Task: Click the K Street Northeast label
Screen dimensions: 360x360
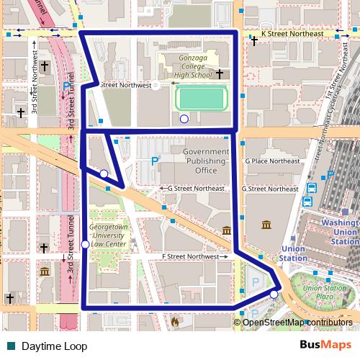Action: (282, 34)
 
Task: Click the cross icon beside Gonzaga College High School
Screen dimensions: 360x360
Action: (219, 74)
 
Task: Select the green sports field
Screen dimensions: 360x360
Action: (201, 99)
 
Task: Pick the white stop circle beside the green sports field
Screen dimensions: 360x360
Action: (184, 119)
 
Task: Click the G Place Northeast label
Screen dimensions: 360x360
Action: (271, 161)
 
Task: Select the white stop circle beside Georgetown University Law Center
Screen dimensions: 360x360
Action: (86, 245)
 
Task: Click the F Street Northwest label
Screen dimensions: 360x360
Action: (190, 256)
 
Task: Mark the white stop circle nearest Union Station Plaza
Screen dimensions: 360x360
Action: (274, 294)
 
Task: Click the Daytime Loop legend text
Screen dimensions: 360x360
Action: (54, 346)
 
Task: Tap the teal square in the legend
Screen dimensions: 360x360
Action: (10, 346)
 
